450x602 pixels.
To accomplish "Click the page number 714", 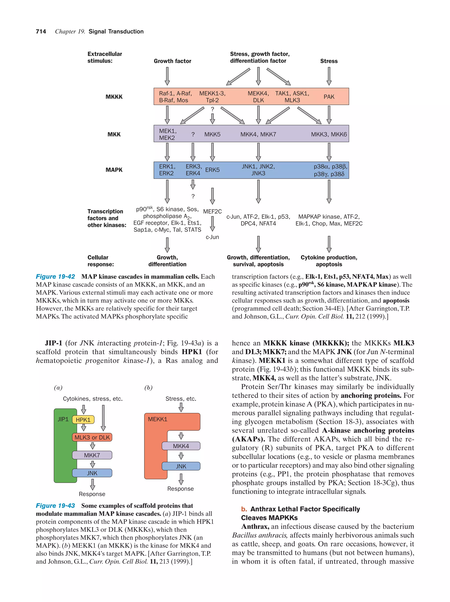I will pyautogui.click(x=41, y=32).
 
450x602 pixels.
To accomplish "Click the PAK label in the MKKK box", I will pyautogui.click(x=328, y=97).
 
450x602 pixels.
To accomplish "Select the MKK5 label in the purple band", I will pyautogui.click(x=212, y=134).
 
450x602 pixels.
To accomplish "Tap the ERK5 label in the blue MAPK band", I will pyautogui.click(x=212, y=170).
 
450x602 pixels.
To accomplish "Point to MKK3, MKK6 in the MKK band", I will pyautogui.click(x=328, y=134).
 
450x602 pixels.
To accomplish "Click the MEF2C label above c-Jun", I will pyautogui.click(x=212, y=212).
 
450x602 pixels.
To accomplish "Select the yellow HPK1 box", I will pyautogui.click(x=83, y=420).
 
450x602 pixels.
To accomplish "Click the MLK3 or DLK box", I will pyautogui.click(x=92, y=437).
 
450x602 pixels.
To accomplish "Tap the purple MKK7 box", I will pyautogui.click(x=92, y=455).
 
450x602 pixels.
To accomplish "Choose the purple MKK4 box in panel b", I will pyautogui.click(x=181, y=446).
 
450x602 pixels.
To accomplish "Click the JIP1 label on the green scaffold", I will pyautogui.click(x=63, y=419).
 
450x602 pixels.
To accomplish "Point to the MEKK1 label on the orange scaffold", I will pyautogui.click(x=157, y=419).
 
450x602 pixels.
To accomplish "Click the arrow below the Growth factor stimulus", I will pyautogui.click(x=167, y=76).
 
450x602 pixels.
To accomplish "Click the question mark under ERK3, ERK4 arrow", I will pyautogui.click(x=193, y=196).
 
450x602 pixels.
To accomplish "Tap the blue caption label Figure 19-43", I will pyautogui.click(x=55, y=505).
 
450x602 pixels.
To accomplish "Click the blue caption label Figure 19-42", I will pyautogui.click(x=55, y=277).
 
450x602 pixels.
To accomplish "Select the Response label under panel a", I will pyautogui.click(x=92, y=494).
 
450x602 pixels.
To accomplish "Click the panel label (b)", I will pyautogui.click(x=148, y=388).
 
